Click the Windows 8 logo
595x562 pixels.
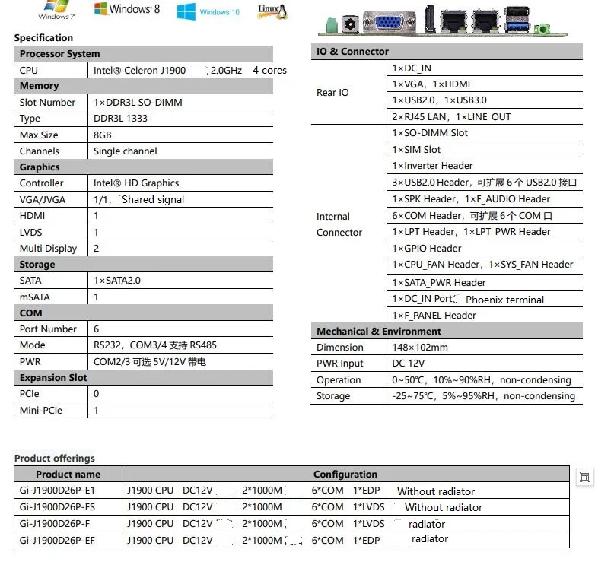pos(127,9)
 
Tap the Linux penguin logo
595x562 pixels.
pos(272,10)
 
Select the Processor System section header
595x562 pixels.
pos(60,54)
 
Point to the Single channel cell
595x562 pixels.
pos(126,151)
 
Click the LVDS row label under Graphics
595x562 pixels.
pos(32,232)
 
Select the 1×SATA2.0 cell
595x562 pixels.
pos(117,280)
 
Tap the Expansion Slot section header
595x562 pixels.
pos(53,377)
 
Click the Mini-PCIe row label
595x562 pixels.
pos(41,410)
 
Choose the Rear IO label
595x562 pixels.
pos(332,92)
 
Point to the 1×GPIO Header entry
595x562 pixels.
pos(427,248)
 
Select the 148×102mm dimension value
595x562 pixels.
pos(420,347)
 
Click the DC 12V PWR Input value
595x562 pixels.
pos(409,364)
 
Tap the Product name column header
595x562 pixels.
pos(68,474)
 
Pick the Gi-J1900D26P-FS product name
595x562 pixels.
pos(58,507)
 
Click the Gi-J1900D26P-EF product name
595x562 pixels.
pos(58,540)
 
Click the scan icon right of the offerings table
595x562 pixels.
pos(584,477)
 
